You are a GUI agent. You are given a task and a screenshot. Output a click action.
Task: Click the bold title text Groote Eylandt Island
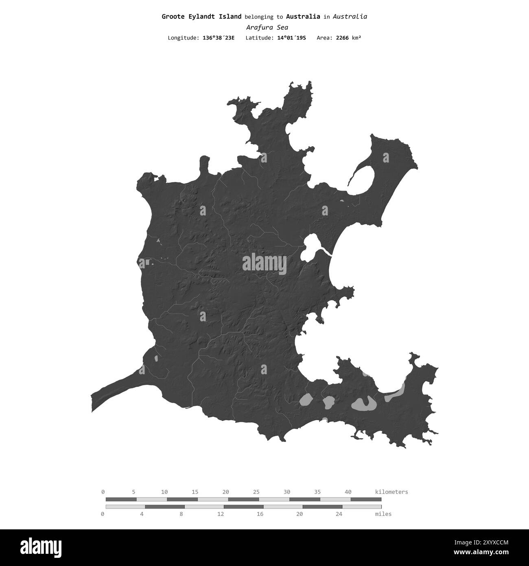coord(201,17)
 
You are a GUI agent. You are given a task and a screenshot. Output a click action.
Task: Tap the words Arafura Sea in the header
coord(267,28)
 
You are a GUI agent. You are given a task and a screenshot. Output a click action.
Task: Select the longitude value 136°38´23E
coord(219,38)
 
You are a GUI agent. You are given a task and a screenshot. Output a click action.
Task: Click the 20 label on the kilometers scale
coord(226,492)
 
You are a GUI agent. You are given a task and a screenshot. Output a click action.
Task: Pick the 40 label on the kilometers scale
coord(348,492)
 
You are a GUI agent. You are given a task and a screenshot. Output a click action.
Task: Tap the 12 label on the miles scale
coord(221,514)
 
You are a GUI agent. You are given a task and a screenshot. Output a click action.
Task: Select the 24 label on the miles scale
coord(339,514)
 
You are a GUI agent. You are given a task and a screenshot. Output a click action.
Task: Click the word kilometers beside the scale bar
coord(391,492)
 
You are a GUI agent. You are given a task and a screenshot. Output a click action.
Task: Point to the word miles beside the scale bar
coord(383,514)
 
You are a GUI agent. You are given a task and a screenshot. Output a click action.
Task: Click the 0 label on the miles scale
coord(103,514)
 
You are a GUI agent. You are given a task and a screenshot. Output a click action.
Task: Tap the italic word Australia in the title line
coord(350,17)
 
